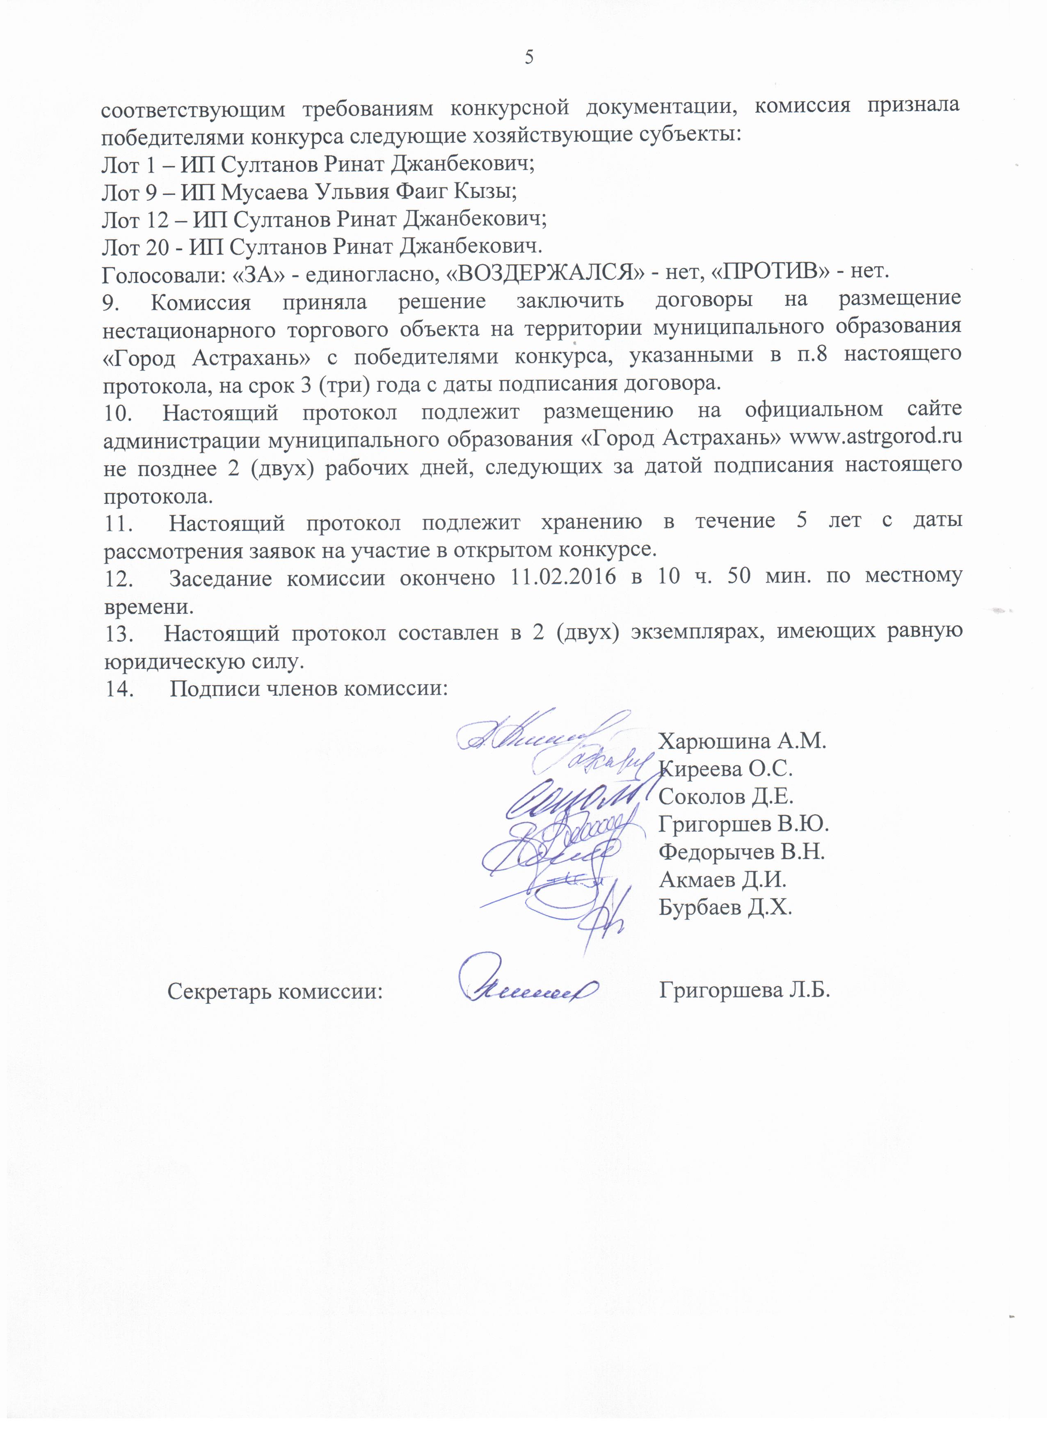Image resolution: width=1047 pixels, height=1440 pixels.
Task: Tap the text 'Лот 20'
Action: coord(135,246)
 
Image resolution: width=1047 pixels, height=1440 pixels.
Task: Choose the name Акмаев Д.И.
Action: coord(722,879)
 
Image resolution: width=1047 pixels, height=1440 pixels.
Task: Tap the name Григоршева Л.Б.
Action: coord(745,990)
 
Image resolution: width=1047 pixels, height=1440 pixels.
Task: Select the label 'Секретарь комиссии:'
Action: coord(275,990)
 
